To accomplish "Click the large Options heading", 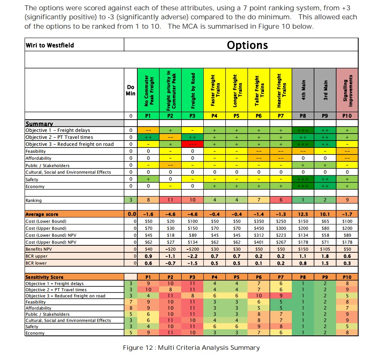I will pyautogui.click(x=247, y=45).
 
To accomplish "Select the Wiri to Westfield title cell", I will pyautogui.click(x=50, y=45).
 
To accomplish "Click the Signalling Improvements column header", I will pyautogui.click(x=347, y=90).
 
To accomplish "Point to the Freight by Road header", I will pyautogui.click(x=192, y=90).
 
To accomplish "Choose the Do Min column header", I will pyautogui.click(x=131, y=90).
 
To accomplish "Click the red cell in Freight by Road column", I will pyautogui.click(x=192, y=144).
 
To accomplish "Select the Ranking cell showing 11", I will pyautogui.click(x=170, y=200).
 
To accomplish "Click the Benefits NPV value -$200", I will pyautogui.click(x=192, y=249).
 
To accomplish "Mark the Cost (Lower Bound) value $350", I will pyautogui.click(x=258, y=221).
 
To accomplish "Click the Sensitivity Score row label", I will pyautogui.click(x=45, y=277).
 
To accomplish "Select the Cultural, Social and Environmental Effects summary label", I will pyautogui.click(x=68, y=172).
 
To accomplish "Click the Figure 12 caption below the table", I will pyautogui.click(x=191, y=348).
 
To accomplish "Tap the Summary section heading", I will pyautogui.click(x=39, y=124).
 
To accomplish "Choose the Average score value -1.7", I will pyautogui.click(x=347, y=214).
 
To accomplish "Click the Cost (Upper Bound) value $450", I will pyautogui.click(x=258, y=228).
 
